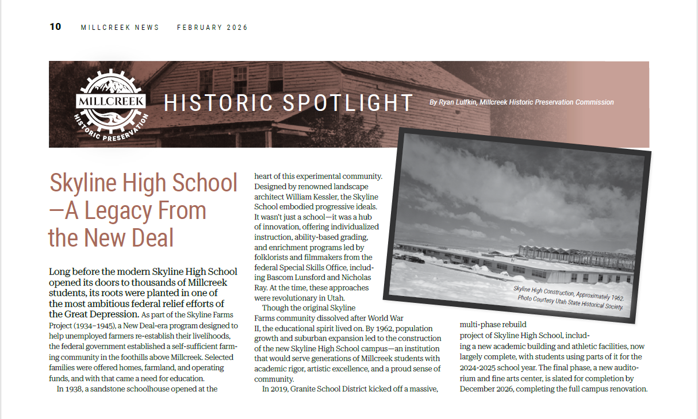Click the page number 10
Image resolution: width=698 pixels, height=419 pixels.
55,27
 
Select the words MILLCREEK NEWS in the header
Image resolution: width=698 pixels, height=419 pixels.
120,28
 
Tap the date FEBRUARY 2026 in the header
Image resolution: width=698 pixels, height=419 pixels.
212,28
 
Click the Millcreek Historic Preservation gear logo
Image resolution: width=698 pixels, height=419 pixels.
111,104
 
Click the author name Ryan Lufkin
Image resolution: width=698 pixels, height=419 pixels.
458,102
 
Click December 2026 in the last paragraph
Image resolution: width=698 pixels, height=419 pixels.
489,389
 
